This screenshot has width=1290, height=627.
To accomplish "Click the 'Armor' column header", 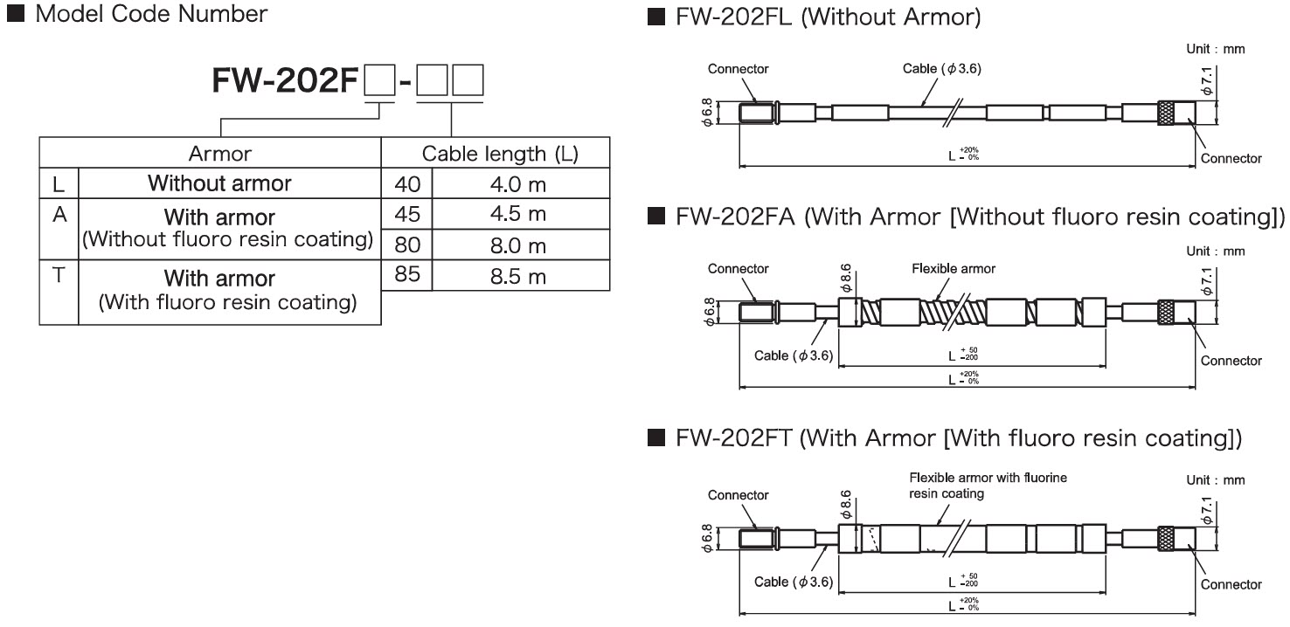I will pyautogui.click(x=219, y=155).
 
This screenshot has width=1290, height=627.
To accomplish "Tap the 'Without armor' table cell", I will pyautogui.click(x=219, y=183).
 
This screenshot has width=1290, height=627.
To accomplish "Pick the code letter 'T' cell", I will pyautogui.click(x=59, y=276).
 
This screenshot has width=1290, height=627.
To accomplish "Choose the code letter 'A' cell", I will pyautogui.click(x=59, y=215).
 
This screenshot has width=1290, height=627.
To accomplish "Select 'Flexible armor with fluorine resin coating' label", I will pyautogui.click(x=988, y=486).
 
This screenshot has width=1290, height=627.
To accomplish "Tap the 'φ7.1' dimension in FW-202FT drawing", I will pyautogui.click(x=1206, y=507).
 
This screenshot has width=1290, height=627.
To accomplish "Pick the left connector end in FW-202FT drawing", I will pyautogui.click(x=757, y=538).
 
